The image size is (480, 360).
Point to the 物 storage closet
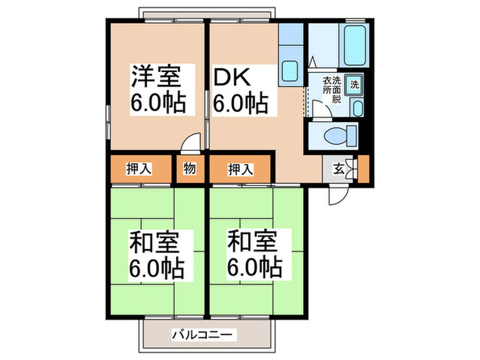[x=190, y=169]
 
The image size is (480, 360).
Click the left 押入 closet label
[x=139, y=169]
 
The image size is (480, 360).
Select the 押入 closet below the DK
[x=240, y=169]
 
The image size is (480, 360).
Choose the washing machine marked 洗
[x=354, y=85]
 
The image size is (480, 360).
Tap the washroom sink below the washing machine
[x=357, y=107]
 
